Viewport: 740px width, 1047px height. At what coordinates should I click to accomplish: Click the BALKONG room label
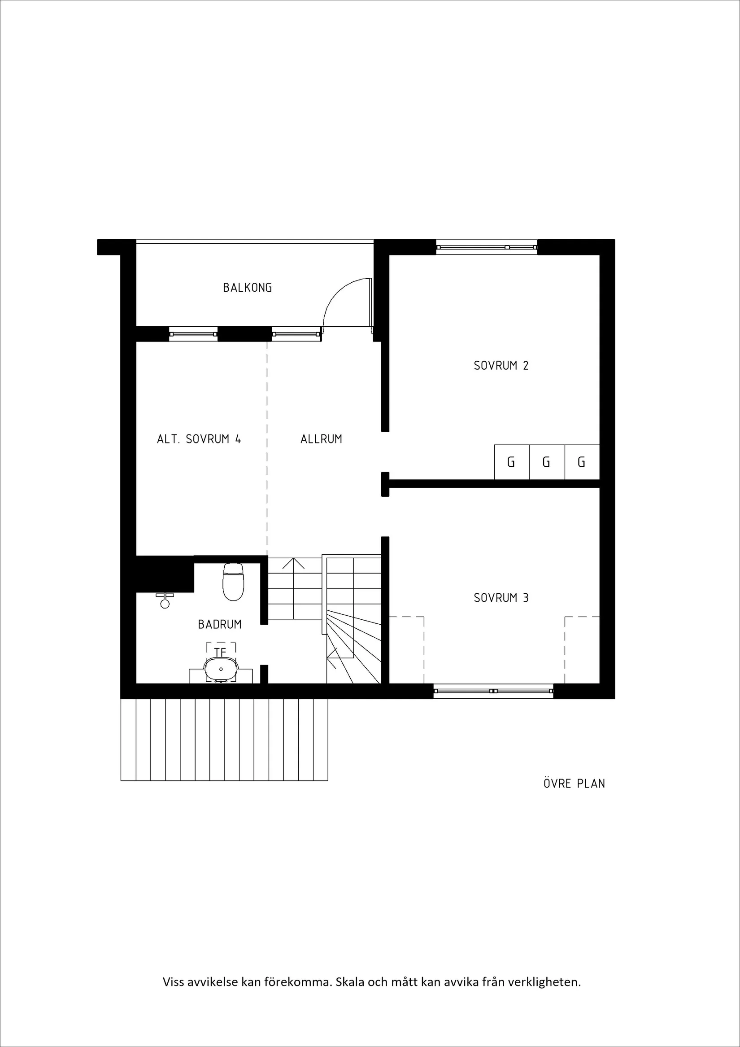click(x=248, y=288)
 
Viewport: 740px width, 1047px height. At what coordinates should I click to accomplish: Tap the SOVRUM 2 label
click(x=501, y=365)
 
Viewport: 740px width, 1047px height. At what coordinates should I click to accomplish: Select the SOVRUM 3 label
click(x=501, y=598)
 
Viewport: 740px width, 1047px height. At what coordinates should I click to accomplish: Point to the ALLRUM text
click(x=321, y=439)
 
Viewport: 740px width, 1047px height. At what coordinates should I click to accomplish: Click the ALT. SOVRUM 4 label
click(x=199, y=439)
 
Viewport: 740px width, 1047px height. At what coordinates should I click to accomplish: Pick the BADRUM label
click(x=220, y=624)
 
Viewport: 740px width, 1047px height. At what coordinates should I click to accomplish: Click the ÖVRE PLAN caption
click(x=574, y=784)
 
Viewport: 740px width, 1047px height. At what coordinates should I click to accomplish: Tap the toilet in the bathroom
click(x=233, y=583)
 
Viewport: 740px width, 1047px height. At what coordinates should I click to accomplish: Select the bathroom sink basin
click(x=221, y=669)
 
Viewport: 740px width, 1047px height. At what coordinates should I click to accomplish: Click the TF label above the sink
click(x=221, y=653)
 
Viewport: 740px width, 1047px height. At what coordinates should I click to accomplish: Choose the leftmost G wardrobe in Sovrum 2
click(x=511, y=462)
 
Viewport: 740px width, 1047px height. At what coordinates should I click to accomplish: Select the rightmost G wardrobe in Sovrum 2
click(x=581, y=462)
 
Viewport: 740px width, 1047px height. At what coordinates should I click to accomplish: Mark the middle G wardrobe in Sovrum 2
click(x=546, y=462)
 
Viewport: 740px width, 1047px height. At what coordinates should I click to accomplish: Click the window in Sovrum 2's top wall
click(x=487, y=247)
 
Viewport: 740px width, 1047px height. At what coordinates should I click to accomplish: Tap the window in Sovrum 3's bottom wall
click(x=493, y=691)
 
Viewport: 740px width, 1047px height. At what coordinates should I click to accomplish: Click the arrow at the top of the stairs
click(x=294, y=564)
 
